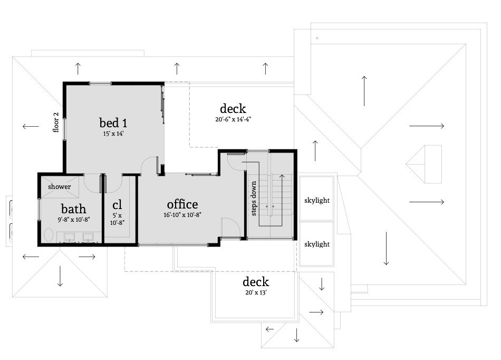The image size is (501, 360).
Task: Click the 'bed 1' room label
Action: (113, 123)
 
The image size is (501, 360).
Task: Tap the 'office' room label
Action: (182, 204)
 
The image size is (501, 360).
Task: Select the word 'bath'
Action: (73, 209)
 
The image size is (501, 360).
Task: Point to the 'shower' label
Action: (59, 187)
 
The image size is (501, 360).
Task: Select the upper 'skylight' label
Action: (317, 201)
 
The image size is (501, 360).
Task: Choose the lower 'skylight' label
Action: (317, 244)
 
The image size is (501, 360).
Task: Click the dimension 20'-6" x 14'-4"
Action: (233, 119)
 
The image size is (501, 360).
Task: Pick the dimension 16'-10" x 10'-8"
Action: (182, 215)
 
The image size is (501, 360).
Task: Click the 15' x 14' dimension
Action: (113, 134)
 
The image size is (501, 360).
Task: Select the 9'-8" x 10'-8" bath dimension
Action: (73, 220)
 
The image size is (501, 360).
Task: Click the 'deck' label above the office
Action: (233, 108)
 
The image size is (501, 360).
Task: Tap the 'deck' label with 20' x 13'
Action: (255, 281)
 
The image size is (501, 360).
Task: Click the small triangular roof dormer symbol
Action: (423, 164)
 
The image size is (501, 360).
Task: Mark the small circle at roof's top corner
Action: (317, 38)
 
